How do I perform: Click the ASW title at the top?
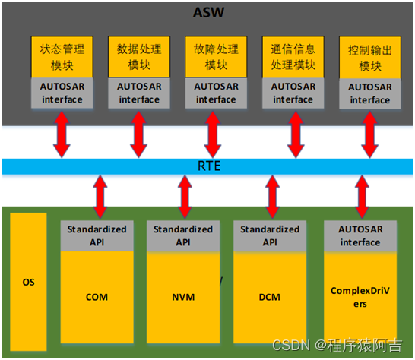(207, 13)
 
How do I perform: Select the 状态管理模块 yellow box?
(62, 56)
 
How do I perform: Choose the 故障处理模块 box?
(215, 56)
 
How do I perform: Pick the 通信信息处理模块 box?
(293, 56)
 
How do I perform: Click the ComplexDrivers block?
(360, 296)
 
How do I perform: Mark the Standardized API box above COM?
(97, 235)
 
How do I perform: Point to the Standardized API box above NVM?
(182, 235)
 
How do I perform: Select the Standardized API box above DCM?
(270, 235)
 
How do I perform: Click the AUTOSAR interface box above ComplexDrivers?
(360, 236)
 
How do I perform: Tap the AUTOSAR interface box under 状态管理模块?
(62, 93)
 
